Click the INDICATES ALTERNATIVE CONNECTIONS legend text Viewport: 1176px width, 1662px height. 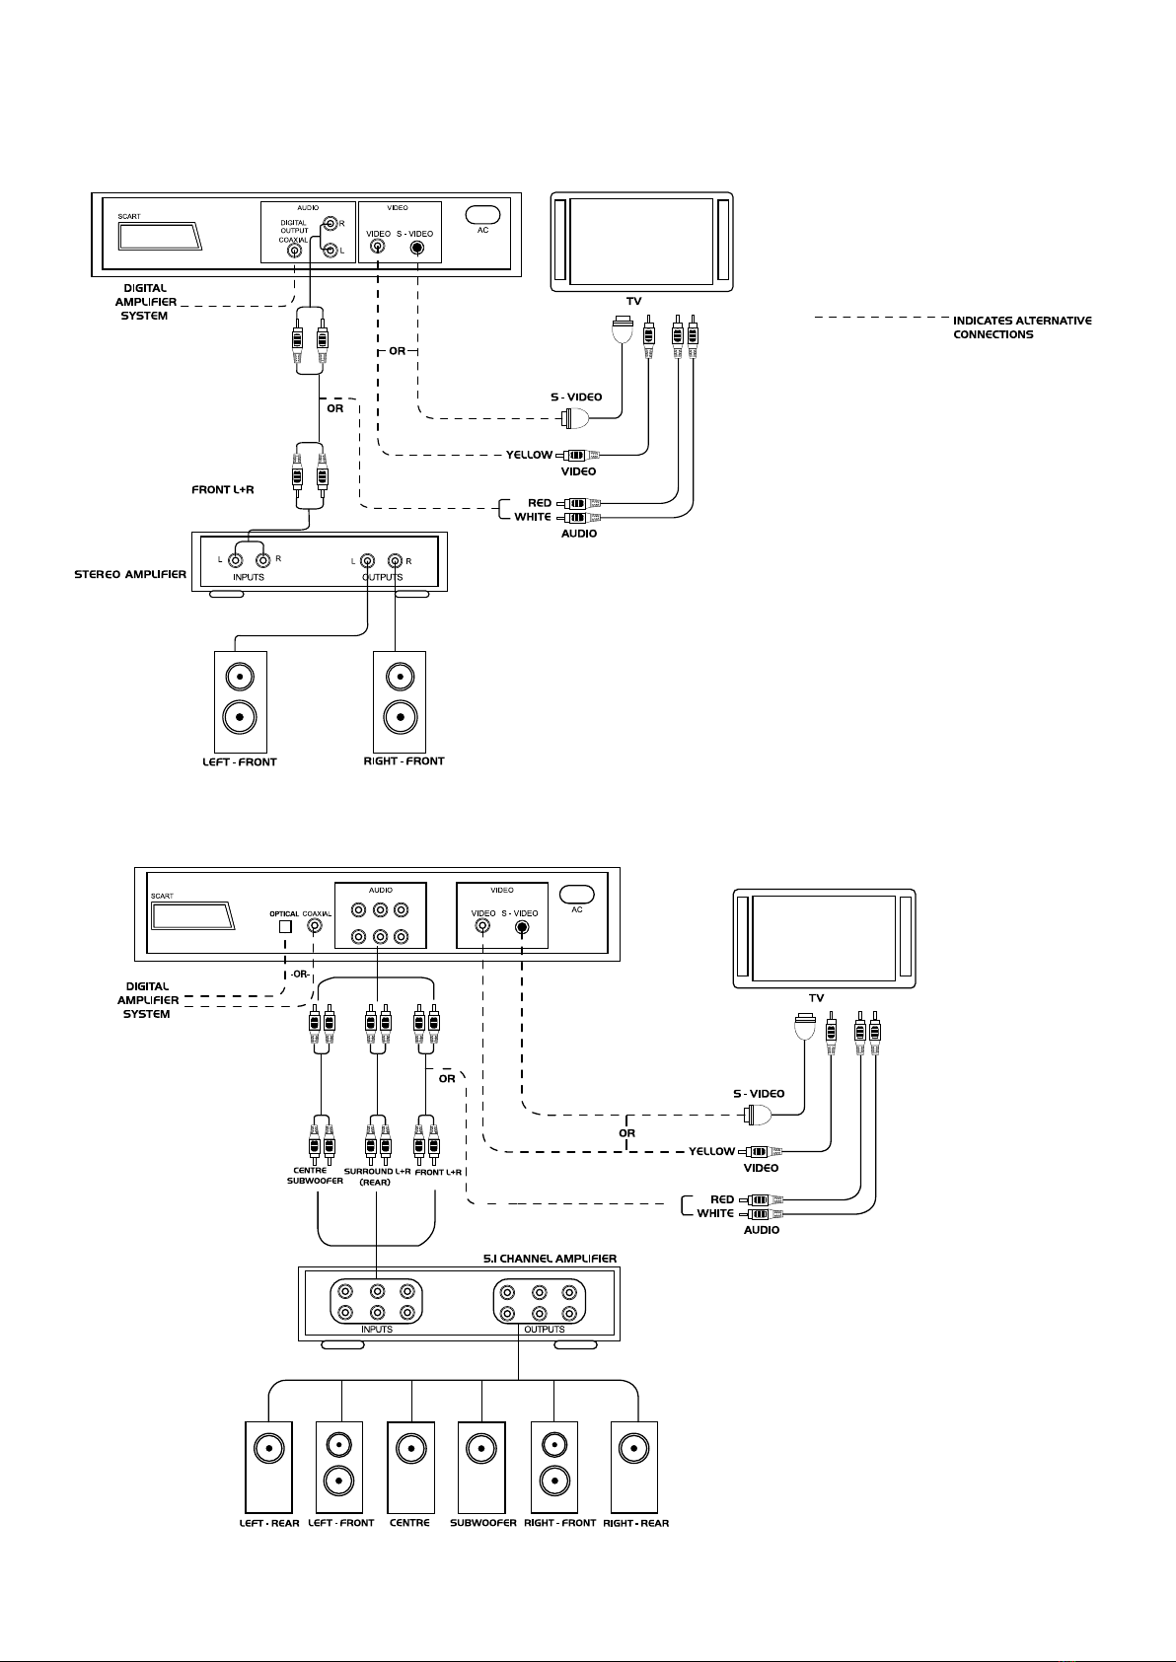coord(1022,327)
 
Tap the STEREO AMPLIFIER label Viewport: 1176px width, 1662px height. coord(130,574)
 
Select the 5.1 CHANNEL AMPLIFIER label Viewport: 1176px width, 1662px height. coord(550,1259)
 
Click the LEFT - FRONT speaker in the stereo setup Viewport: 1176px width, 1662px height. coord(241,702)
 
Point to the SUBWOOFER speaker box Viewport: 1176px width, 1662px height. coord(481,1468)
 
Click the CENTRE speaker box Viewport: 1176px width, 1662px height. coord(411,1468)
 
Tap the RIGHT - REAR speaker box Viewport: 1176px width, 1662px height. coord(634,1468)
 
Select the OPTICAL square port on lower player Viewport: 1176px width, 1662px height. coord(285,927)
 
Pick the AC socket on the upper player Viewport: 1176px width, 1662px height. coord(482,214)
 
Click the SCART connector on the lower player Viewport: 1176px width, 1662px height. coord(193,916)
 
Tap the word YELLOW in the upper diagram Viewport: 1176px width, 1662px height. coord(529,455)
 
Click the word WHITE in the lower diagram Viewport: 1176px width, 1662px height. coord(715,1213)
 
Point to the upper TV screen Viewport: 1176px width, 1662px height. coord(641,241)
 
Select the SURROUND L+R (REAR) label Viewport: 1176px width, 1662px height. coord(377,1177)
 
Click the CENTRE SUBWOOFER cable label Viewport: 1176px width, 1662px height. coord(315,1176)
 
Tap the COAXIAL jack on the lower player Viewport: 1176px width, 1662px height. coord(315,927)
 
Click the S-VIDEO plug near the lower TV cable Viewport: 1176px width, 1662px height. coord(757,1114)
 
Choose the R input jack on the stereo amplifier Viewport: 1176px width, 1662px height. coord(261,560)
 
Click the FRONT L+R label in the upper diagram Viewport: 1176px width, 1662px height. coord(223,489)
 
